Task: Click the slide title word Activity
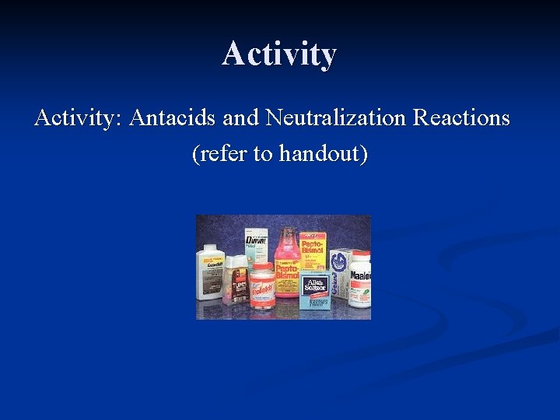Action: coord(279,54)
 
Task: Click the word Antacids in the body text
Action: coord(173,118)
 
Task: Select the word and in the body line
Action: coord(240,118)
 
